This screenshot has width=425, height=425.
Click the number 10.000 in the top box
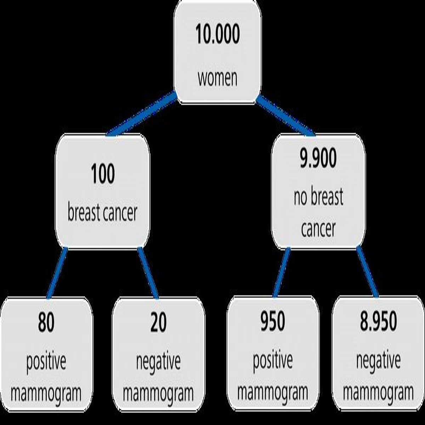coord(217,34)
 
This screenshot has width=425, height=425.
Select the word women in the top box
coord(217,79)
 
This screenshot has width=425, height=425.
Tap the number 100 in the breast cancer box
coord(103,174)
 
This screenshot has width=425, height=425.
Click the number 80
coord(46,322)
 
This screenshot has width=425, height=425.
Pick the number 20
coord(158,322)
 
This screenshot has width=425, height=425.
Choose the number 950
coord(273,321)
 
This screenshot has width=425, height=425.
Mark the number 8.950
coord(379,321)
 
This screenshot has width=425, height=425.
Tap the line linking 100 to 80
coord(57,273)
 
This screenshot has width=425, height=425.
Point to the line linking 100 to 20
coord(148,273)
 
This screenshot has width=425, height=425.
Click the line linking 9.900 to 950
coord(281,273)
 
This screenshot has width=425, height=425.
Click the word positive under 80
coord(46,362)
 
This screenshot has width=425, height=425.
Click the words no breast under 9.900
coord(318,196)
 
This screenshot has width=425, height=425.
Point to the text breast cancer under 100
coord(103,212)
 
